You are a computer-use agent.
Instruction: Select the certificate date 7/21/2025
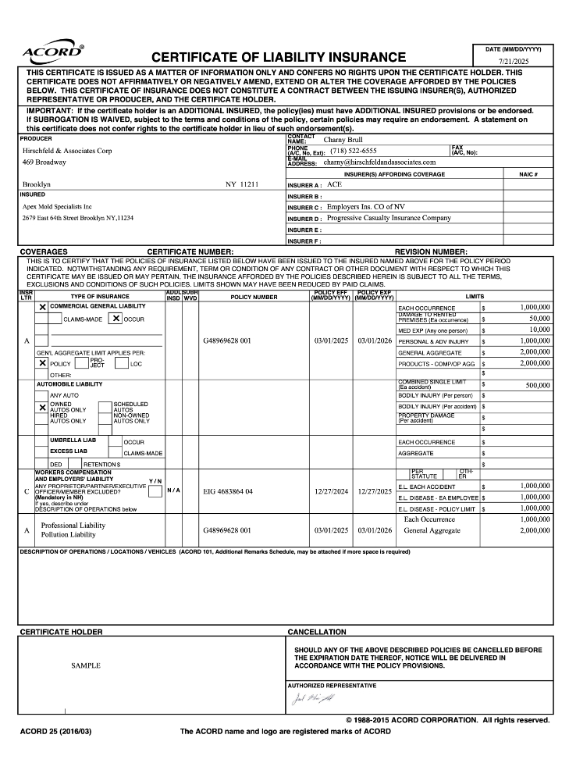point(513,60)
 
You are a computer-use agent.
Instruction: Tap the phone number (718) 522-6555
point(353,151)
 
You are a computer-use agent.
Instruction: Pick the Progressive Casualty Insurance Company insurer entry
point(389,219)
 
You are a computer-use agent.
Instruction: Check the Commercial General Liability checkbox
point(43,307)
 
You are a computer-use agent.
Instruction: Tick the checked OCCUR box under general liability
point(116,319)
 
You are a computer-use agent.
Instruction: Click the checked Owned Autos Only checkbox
point(43,407)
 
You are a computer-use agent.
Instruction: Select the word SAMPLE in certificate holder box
point(86,665)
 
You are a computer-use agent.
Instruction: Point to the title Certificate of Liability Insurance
point(279,57)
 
